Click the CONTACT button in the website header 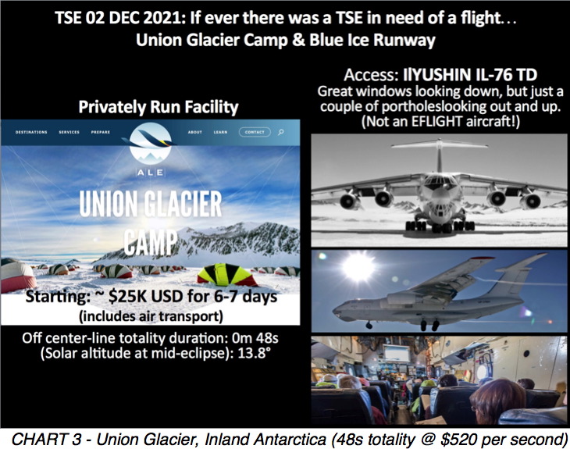point(255,132)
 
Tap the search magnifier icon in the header point(280,132)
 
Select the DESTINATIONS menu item point(31,132)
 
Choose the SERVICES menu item point(69,132)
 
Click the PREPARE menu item point(100,132)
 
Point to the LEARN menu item point(220,132)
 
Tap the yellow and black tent point(227,274)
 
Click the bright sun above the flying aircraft point(358,266)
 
